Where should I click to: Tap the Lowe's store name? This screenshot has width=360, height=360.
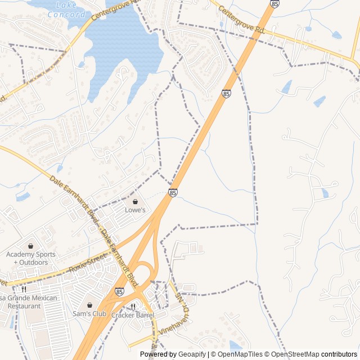[135, 210]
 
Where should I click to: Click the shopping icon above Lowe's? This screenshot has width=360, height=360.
[135, 201]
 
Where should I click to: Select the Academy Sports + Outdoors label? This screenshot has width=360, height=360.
[31, 258]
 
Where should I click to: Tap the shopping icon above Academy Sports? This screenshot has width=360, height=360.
[30, 246]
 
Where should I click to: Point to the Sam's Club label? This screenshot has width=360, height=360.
[89, 314]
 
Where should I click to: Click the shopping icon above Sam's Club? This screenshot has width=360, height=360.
[89, 305]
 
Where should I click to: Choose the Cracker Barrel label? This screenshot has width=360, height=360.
[133, 316]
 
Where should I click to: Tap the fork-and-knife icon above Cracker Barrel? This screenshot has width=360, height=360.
[133, 307]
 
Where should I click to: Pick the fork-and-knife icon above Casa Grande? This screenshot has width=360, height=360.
[23, 289]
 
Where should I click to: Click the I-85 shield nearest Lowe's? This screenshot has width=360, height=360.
[173, 193]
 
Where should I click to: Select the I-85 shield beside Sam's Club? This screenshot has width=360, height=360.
[120, 291]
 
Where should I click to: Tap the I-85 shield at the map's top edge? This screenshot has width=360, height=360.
[274, 4]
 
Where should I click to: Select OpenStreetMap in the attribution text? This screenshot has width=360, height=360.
[296, 354]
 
